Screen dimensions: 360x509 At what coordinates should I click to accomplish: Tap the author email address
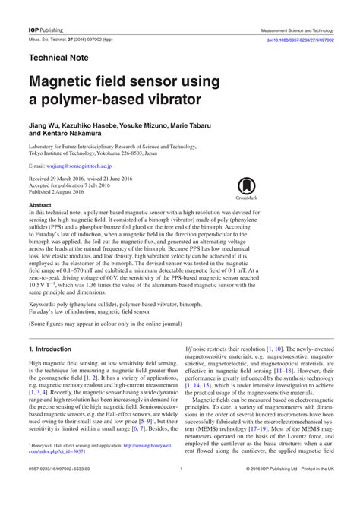(x=78, y=165)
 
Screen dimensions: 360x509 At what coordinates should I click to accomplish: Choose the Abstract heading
(x=39, y=205)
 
